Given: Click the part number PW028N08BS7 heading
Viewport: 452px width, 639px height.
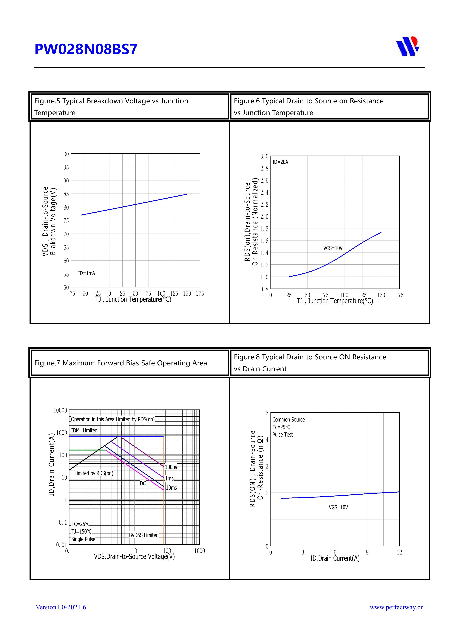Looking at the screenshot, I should (86, 49).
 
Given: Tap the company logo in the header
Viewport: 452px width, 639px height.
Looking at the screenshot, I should (408, 46).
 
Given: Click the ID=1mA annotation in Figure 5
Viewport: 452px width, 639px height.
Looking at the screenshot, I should (86, 273).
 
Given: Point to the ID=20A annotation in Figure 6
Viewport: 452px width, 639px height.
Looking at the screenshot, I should (280, 162).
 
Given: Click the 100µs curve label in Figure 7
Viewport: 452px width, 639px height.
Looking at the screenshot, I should (171, 467).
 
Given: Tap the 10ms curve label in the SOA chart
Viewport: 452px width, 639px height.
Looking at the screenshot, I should (171, 488).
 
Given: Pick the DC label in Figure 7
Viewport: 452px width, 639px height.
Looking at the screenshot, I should (143, 483).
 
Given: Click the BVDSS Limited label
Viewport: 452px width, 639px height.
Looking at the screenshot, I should (144, 535).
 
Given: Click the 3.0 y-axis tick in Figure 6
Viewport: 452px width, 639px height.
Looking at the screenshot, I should (264, 156).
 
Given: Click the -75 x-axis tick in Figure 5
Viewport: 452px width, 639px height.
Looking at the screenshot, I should (71, 294).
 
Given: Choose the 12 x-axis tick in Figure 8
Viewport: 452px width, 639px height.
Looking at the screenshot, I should (399, 552).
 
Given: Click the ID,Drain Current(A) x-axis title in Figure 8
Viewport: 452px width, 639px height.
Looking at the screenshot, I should (335, 558).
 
